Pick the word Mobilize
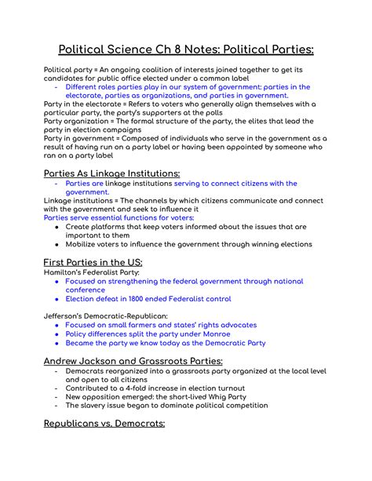(x=85, y=244)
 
